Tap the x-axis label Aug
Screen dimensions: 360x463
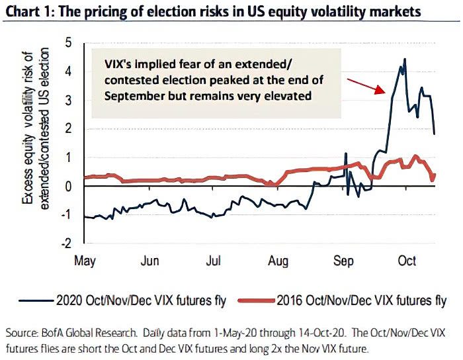coord(278,261)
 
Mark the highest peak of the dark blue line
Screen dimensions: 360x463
coord(404,60)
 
